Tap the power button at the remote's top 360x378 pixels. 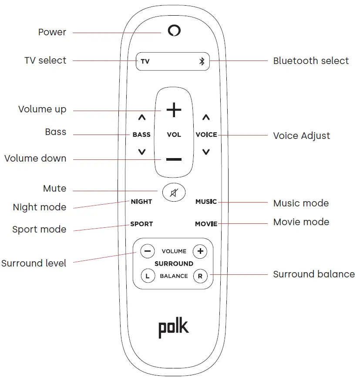point(174,30)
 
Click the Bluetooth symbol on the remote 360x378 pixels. point(202,61)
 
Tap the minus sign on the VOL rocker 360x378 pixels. point(174,159)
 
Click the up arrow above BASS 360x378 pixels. point(141,118)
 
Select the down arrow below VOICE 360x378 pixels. point(206,152)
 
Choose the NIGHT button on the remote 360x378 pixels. point(141,202)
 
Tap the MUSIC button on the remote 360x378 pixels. point(206,202)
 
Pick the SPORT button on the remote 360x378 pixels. point(141,224)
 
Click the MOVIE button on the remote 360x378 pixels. point(206,224)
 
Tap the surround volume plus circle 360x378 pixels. point(200,251)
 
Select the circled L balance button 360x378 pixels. point(148,276)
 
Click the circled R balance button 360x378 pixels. point(200,276)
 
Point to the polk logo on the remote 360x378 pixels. point(174,328)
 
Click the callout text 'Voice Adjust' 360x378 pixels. point(301,135)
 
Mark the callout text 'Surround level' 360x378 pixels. point(34,263)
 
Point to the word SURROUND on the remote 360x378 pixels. point(174,263)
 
